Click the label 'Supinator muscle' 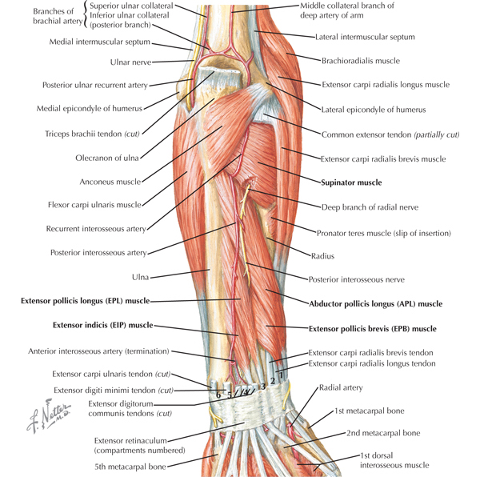tap(351, 182)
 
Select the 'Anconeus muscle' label tap(110, 182)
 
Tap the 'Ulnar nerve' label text tap(130, 62)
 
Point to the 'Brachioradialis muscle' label tap(361, 61)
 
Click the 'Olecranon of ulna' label tap(107, 158)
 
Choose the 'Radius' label tap(322, 256)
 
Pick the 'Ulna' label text tap(140, 277)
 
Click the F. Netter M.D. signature tap(48, 415)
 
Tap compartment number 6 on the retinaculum tap(218, 395)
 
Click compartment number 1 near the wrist tap(282, 374)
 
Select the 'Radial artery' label tap(341, 388)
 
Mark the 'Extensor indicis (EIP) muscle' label tap(103, 325)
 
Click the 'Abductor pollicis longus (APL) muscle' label tap(376, 304)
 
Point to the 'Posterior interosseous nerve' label tap(356, 279)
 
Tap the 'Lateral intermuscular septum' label tap(365, 37)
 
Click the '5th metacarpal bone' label tap(130, 467)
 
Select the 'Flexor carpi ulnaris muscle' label tap(94, 205)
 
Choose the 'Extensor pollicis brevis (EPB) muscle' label tap(373, 329)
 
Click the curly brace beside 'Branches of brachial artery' tap(86, 15)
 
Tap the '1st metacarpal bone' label tap(369, 411)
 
